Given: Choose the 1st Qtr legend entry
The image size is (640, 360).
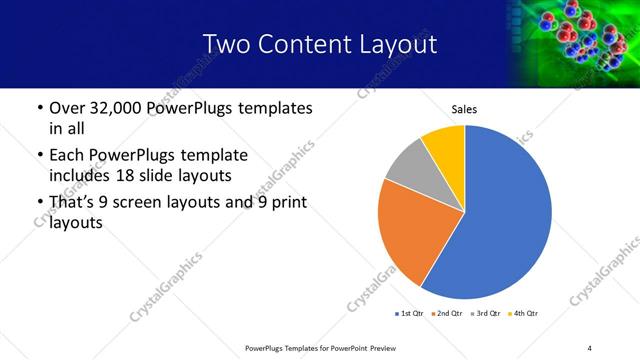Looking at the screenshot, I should click(x=411, y=314).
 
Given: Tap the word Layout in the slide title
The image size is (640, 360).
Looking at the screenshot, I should click(x=397, y=44).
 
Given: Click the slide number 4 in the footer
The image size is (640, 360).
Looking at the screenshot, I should click(x=590, y=347).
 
